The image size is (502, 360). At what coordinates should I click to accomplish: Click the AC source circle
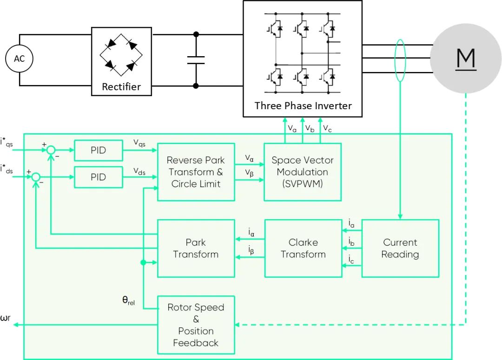[20, 59]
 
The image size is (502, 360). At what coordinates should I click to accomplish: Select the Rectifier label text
[121, 86]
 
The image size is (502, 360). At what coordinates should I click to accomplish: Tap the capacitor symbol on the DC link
[196, 60]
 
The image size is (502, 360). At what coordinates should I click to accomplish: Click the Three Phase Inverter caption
[303, 105]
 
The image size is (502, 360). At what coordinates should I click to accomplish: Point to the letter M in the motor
[466, 58]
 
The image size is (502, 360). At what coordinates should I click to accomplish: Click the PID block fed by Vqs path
[98, 151]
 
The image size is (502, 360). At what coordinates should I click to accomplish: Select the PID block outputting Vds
[98, 177]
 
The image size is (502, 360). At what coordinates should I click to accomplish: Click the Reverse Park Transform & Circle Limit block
[196, 172]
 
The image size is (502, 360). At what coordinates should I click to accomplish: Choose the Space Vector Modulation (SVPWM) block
[303, 172]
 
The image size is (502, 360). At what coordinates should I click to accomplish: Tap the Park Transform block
[196, 249]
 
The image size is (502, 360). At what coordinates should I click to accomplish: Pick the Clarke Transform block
[303, 249]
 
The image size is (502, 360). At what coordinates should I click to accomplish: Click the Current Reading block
[400, 249]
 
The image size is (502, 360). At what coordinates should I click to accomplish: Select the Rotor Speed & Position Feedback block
[196, 325]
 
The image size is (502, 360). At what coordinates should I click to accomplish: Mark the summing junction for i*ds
[35, 177]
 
